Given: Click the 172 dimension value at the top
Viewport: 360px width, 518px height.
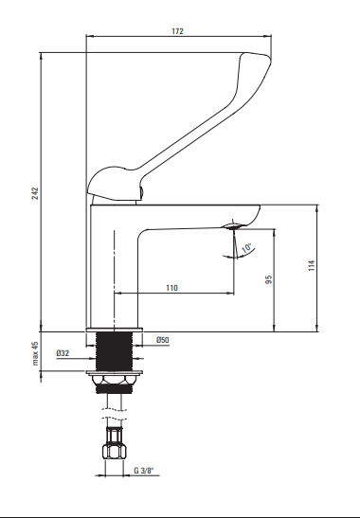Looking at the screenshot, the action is [177, 31].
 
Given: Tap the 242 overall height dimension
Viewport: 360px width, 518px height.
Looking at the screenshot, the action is [35, 193].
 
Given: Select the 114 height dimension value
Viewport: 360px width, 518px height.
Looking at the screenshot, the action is [312, 265].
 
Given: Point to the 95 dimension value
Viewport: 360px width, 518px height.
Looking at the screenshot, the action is [269, 279].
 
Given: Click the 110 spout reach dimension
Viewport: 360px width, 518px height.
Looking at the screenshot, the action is [171, 288].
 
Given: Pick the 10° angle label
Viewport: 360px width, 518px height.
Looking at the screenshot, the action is [246, 248].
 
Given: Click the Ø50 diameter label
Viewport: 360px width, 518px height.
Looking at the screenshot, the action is [163, 340].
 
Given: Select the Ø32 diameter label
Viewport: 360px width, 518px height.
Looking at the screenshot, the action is [63, 353].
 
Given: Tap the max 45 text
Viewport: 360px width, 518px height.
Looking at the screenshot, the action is [35, 353].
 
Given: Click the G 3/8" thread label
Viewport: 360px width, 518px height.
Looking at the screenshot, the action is [144, 471].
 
